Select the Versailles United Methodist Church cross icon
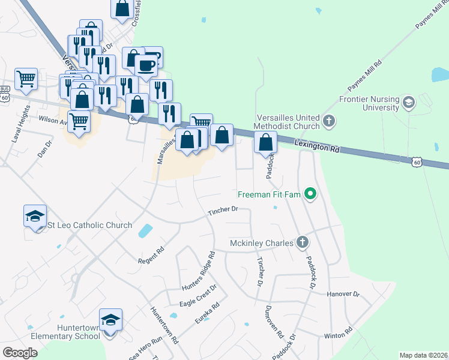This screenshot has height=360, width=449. click(x=328, y=121)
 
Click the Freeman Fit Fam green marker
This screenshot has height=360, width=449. click(x=310, y=194)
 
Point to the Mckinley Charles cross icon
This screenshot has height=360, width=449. click(x=303, y=243)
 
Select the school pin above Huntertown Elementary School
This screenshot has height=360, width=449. click(x=110, y=320)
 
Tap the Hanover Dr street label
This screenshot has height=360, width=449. click(x=343, y=295)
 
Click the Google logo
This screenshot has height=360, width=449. click(x=20, y=352)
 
